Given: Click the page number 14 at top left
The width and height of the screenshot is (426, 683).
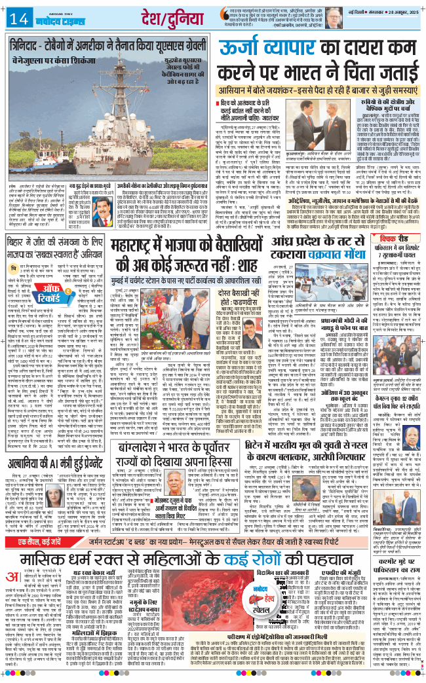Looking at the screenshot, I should click(14, 16).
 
